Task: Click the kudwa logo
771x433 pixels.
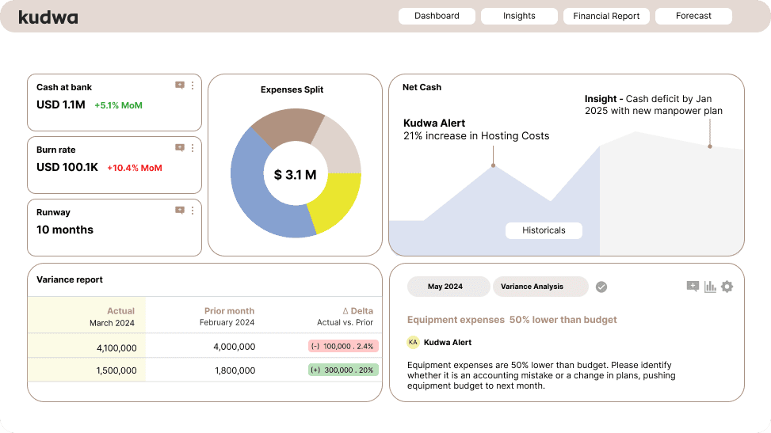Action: [48, 17]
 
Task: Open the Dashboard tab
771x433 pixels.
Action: [437, 16]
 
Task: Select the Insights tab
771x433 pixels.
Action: [519, 16]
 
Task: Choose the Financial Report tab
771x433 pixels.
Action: [606, 16]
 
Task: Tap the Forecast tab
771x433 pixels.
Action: [693, 16]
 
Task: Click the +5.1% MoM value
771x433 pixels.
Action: [118, 105]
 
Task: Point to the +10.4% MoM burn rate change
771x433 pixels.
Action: [134, 168]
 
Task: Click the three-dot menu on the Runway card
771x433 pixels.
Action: [193, 211]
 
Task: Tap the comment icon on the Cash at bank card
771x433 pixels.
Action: [180, 85]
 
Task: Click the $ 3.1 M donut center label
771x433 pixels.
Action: [295, 175]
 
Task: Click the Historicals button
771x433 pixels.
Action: [544, 230]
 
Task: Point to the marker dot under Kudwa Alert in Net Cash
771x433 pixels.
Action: [493, 165]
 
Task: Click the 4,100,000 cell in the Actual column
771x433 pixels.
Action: [116, 348]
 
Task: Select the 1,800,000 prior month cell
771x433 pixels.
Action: [234, 370]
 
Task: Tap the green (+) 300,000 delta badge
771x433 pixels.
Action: [343, 370]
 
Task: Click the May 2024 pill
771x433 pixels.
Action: [445, 287]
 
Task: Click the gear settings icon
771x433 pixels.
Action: [727, 287]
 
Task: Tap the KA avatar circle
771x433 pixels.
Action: [413, 342]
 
